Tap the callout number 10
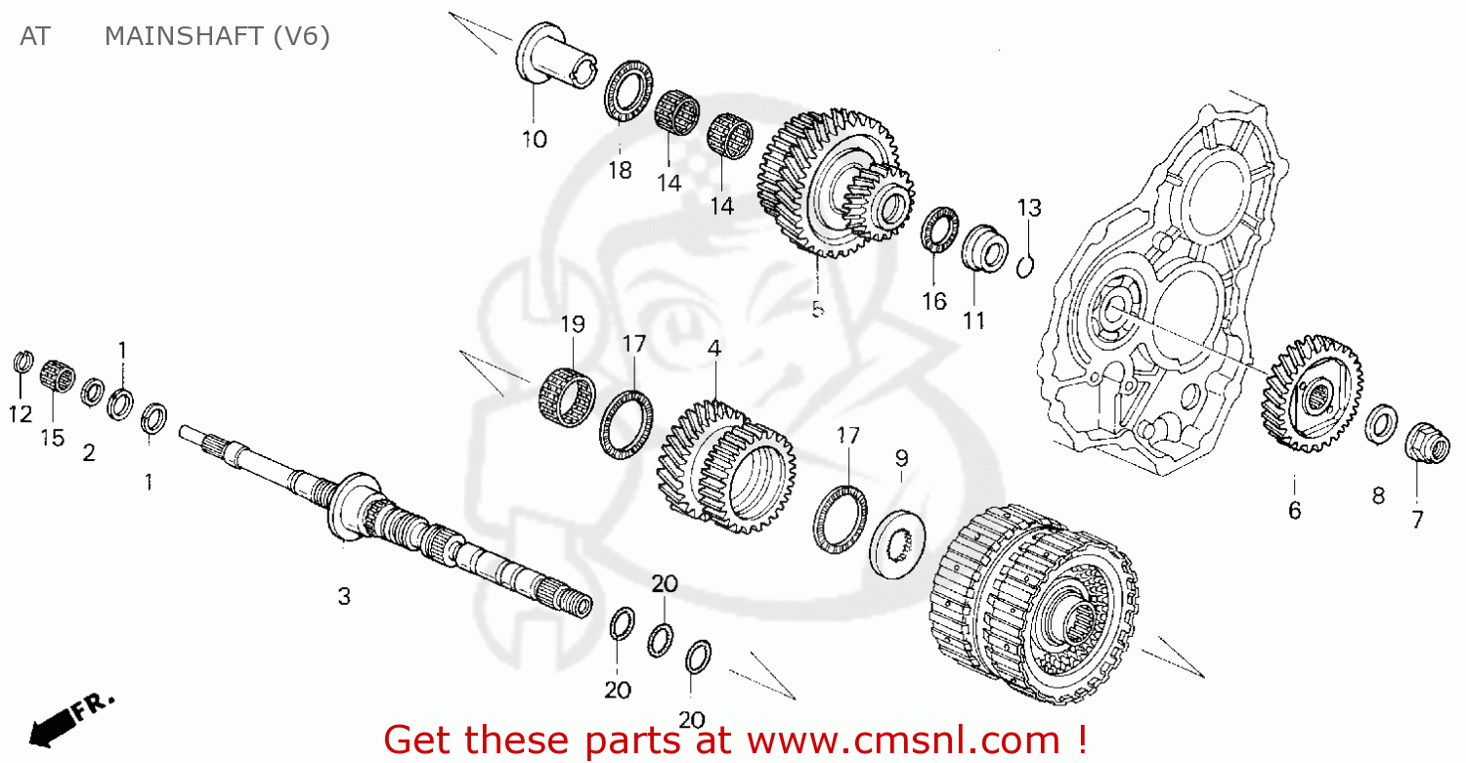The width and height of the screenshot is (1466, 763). click(x=534, y=140)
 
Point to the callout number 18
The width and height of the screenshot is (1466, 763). click(x=620, y=171)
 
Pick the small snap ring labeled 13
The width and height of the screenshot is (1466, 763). click(x=1026, y=265)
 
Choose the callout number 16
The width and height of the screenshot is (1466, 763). click(x=934, y=301)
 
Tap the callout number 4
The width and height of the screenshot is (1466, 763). click(x=715, y=348)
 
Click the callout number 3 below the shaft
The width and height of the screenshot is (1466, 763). click(x=344, y=596)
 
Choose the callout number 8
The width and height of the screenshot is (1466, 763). click(x=1378, y=496)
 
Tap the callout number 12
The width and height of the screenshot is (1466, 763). click(x=21, y=414)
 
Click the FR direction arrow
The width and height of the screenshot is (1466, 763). click(x=72, y=719)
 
